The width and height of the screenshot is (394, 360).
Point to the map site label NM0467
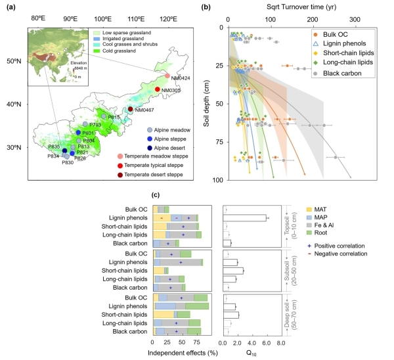coord(148,110)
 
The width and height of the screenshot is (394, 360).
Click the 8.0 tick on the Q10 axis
coord(281,343)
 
